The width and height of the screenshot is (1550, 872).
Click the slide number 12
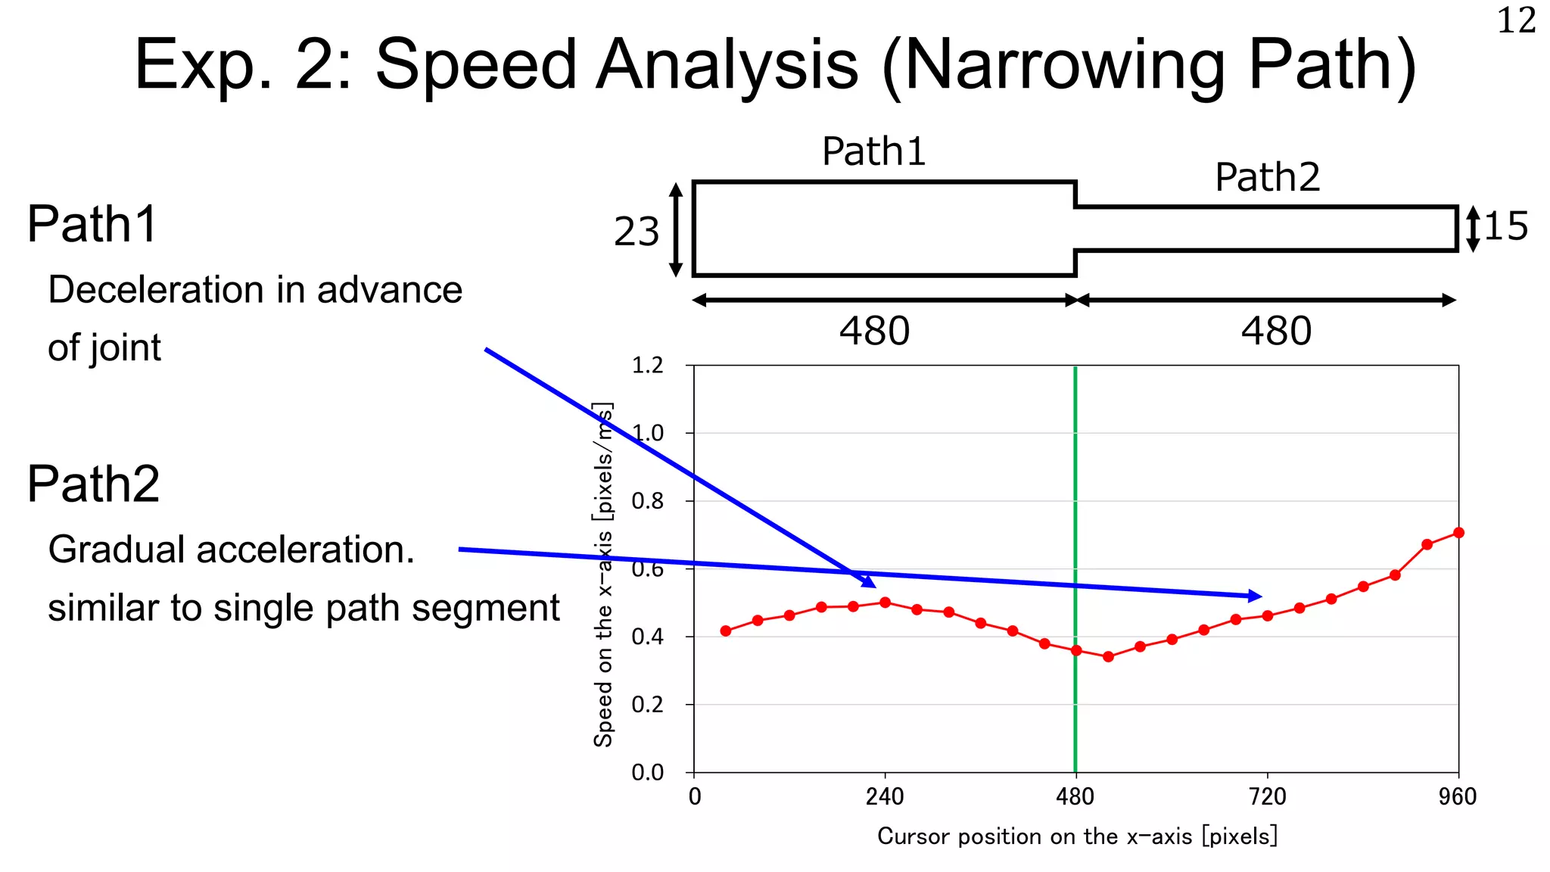click(1516, 20)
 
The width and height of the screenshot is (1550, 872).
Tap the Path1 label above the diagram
click(873, 151)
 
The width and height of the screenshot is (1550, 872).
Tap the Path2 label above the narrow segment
click(1267, 178)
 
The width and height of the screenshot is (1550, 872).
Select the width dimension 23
click(636, 232)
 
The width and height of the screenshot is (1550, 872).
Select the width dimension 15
click(1505, 226)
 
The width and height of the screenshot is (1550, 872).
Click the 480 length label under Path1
click(874, 332)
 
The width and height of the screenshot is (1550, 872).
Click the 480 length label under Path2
click(1276, 332)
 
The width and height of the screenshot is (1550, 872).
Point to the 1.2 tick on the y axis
click(647, 366)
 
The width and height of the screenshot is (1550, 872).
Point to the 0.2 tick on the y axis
click(647, 705)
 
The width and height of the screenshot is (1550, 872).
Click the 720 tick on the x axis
click(1268, 796)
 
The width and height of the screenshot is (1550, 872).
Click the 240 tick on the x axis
click(885, 796)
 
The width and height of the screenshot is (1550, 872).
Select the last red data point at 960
click(1458, 533)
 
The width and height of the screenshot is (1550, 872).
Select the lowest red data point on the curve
click(1108, 657)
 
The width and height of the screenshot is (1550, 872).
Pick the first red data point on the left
click(726, 631)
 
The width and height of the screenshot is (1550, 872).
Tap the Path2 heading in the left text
click(93, 484)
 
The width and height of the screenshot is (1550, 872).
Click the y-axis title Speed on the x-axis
click(603, 575)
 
